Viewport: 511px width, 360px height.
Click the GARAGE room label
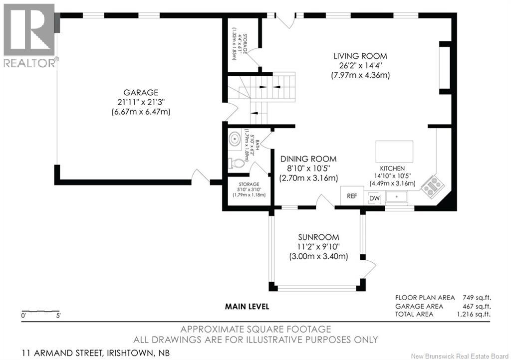tap(141, 92)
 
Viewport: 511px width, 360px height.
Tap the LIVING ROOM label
tap(360, 56)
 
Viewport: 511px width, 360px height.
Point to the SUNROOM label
tap(318, 237)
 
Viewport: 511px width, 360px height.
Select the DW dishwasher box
tap(374, 198)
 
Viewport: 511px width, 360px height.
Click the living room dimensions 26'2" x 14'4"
tap(360, 65)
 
